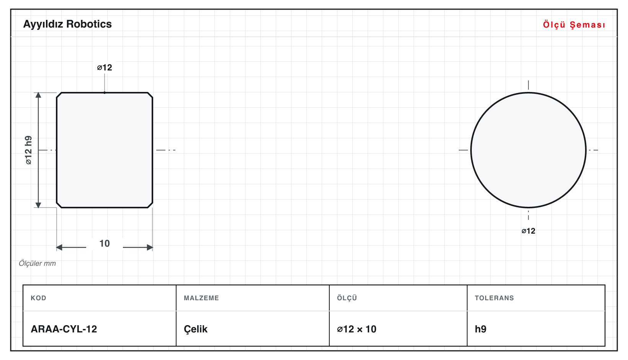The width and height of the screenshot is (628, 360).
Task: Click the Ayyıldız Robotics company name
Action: [x=67, y=25]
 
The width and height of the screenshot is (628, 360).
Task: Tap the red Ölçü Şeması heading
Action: [x=574, y=25]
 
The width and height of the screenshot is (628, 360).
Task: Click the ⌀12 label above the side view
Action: [x=105, y=67]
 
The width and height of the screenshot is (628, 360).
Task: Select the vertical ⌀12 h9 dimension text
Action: [x=29, y=150]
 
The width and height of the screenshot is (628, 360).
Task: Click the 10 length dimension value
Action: [x=105, y=243]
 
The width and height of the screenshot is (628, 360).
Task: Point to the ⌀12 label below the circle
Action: [x=528, y=231]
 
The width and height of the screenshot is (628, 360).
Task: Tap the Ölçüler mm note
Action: [x=37, y=263]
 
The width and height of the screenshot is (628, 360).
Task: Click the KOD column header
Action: [x=38, y=298]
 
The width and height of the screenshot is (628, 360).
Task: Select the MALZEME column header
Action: [x=201, y=298]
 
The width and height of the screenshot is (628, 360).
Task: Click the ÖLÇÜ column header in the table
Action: [x=347, y=298]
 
